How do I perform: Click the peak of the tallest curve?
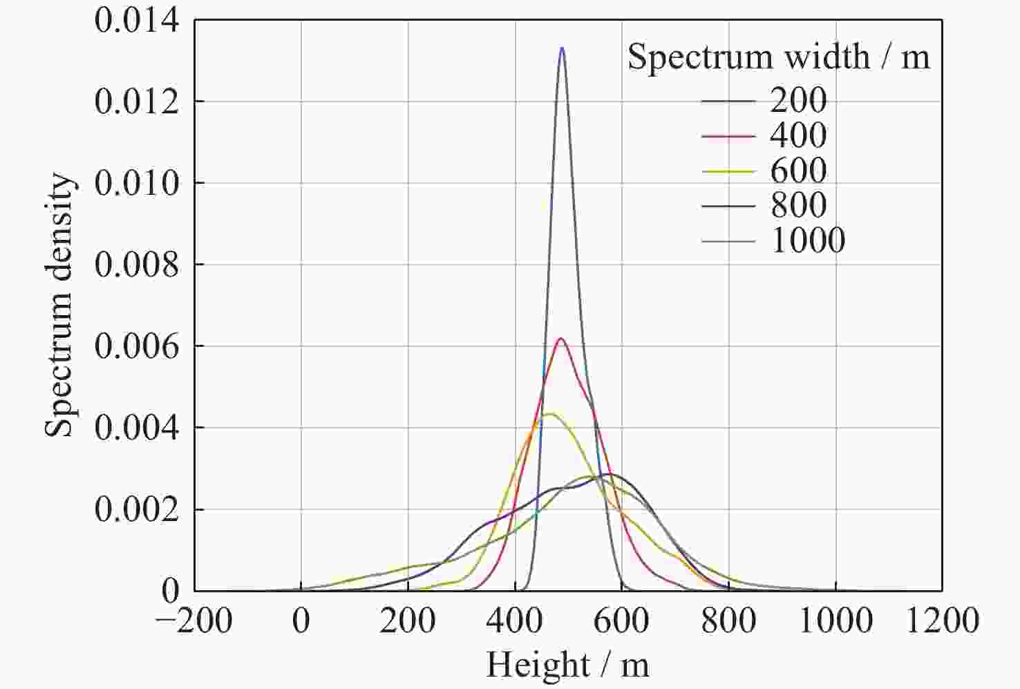[562, 48]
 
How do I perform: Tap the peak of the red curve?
[560, 339]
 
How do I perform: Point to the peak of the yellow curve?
[549, 414]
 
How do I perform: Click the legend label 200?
[798, 101]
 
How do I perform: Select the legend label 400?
[798, 136]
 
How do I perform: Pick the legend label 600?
[798, 171]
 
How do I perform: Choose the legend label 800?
[798, 205]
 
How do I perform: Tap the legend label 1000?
[808, 240]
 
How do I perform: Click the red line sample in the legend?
[728, 137]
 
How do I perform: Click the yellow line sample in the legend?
[728, 171]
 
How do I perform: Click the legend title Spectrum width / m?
[778, 57]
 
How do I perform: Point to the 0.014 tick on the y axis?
[136, 21]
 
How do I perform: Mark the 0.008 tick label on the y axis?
[136, 265]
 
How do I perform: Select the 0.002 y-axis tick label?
[136, 510]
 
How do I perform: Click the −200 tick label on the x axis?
[194, 621]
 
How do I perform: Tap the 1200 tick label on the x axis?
[943, 621]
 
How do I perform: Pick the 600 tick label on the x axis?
[621, 621]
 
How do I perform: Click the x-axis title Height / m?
[567, 666]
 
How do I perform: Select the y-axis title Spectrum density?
[60, 305]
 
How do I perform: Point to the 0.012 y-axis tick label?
[136, 102]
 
